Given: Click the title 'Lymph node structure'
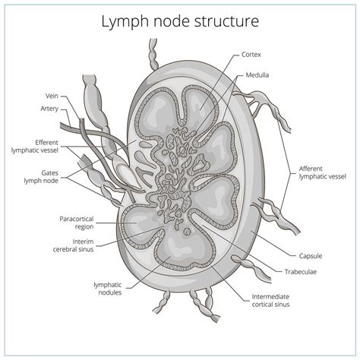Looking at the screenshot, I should (x=179, y=21).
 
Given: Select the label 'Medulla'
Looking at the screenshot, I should (x=256, y=76).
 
